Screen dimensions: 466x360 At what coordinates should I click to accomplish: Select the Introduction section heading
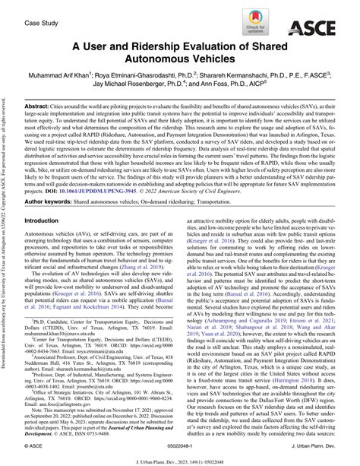(50, 220)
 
